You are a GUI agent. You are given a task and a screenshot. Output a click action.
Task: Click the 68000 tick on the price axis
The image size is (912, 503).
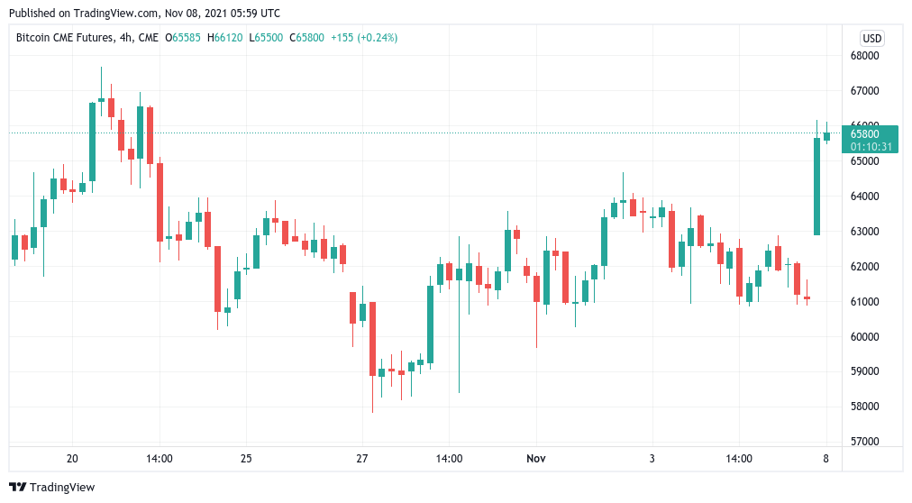point(864,56)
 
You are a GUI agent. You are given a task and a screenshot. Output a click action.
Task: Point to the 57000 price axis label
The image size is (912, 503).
point(864,442)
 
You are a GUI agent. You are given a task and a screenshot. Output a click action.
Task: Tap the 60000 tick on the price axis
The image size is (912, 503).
point(864,336)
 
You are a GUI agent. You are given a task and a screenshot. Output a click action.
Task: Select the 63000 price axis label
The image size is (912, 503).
point(864,231)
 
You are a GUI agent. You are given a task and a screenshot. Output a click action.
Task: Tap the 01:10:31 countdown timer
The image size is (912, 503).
point(871,146)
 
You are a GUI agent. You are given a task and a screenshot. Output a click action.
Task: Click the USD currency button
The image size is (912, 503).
point(871,38)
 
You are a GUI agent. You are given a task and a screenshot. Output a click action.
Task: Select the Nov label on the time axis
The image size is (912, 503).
point(536,459)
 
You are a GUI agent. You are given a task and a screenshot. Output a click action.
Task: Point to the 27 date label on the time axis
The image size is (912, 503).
point(361,459)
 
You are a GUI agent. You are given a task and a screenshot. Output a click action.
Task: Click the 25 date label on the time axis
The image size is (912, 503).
point(246,459)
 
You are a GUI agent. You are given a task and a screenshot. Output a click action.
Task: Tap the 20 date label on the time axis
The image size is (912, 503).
point(73,459)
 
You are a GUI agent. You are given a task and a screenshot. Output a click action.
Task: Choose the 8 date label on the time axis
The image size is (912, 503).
point(826,459)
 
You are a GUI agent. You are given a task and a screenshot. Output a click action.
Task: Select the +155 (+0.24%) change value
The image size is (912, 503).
point(364,38)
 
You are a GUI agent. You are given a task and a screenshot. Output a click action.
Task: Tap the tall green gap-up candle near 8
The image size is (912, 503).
point(817,187)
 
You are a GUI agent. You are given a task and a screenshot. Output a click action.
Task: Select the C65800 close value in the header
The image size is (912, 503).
point(306,38)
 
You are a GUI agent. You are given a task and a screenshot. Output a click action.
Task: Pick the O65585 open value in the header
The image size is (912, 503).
point(186,38)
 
